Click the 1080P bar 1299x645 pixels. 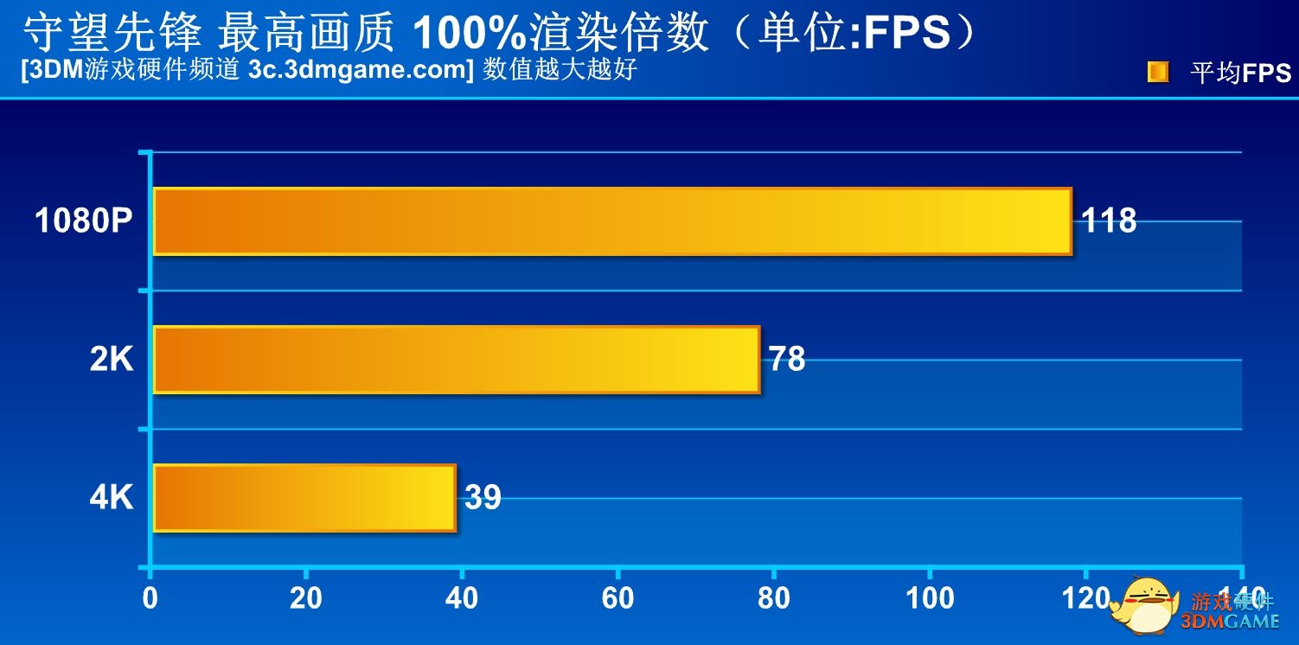click(x=611, y=221)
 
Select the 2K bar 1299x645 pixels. click(x=456, y=360)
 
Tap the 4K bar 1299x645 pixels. click(x=304, y=498)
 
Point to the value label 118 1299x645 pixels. click(x=1109, y=221)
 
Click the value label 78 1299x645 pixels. click(x=787, y=360)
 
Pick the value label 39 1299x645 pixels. click(x=483, y=498)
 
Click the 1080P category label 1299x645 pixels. click(x=84, y=222)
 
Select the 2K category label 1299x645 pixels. click(x=112, y=360)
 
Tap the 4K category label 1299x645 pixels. click(x=112, y=498)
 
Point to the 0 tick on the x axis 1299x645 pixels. click(x=150, y=598)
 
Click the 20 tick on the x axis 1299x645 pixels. click(x=306, y=598)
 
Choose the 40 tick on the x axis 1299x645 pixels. click(x=462, y=598)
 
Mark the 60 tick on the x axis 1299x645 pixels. click(x=618, y=598)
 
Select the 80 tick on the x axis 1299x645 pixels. click(x=773, y=598)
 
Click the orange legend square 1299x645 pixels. click(x=1157, y=72)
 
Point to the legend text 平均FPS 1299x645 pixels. click(x=1240, y=73)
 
